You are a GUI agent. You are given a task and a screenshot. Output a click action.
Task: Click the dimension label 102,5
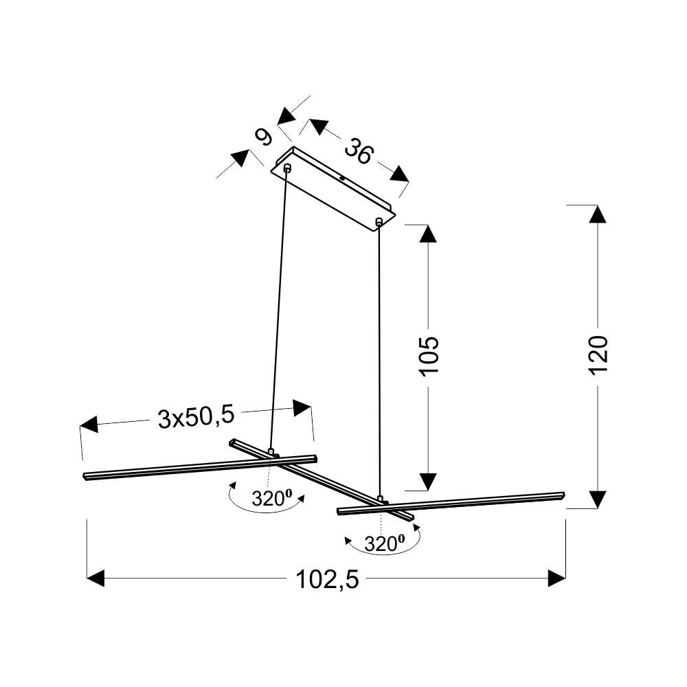(327, 580)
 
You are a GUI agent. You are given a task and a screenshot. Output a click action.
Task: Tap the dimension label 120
(598, 355)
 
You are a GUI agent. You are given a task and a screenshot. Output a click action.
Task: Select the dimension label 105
(429, 356)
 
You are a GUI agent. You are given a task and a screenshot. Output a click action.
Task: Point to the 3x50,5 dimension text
(196, 417)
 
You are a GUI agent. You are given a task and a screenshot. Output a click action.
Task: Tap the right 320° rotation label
(384, 543)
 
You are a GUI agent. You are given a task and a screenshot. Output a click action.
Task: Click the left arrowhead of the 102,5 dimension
(95, 578)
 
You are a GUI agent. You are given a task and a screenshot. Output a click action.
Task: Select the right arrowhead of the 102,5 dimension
(557, 578)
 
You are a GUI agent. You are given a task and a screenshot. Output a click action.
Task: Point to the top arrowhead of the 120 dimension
(597, 214)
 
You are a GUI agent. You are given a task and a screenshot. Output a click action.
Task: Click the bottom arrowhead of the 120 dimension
(597, 499)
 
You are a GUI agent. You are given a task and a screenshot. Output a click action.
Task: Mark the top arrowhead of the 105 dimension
(428, 234)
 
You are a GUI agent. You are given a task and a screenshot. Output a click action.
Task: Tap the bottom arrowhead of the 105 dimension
(428, 482)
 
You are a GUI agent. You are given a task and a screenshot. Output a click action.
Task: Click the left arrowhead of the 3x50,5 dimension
(89, 425)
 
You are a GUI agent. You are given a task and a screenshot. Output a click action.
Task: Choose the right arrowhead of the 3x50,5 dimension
(302, 408)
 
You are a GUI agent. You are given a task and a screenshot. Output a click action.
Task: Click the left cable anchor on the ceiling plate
(287, 167)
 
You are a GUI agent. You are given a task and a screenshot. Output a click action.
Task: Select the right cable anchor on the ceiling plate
(379, 221)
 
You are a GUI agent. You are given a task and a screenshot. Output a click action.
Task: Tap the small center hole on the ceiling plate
(341, 179)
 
